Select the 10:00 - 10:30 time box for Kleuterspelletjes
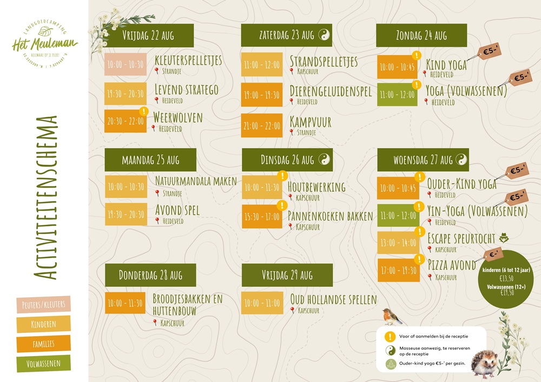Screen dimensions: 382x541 125,64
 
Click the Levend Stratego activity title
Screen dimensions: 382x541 186,89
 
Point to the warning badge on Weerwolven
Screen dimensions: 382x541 143,111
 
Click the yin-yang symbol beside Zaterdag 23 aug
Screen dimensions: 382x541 324,36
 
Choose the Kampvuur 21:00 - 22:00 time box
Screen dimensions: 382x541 262,125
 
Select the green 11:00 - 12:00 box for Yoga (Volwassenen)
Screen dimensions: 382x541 397,95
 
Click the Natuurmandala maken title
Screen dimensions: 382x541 196,181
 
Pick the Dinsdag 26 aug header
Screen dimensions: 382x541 287,160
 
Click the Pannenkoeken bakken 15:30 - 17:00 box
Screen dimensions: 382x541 262,216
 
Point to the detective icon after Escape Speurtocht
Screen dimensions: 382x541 504,238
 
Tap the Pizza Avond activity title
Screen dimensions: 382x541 452,265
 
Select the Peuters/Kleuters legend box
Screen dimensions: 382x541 44,304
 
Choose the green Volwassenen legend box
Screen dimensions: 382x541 44,364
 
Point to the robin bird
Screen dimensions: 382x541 392,316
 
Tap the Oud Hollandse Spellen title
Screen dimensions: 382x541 333,299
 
